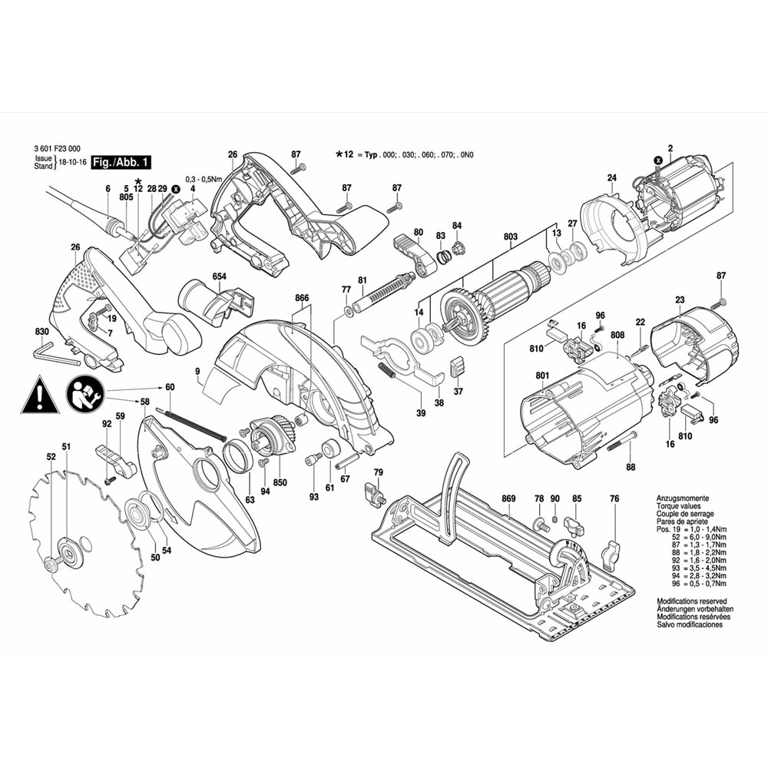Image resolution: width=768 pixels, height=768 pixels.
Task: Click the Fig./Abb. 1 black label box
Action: tap(120, 162)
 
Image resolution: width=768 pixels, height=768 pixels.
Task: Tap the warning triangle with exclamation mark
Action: tap(39, 396)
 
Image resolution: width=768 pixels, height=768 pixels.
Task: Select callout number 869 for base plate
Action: tap(508, 499)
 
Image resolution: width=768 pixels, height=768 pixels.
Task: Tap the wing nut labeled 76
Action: tap(611, 551)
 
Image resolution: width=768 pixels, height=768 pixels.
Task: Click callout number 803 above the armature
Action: tap(510, 237)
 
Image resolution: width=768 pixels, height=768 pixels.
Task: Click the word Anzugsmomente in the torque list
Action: tap(683, 498)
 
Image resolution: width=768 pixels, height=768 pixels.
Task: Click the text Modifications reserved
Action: tap(691, 601)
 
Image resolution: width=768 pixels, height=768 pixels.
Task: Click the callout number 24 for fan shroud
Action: tap(612, 177)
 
